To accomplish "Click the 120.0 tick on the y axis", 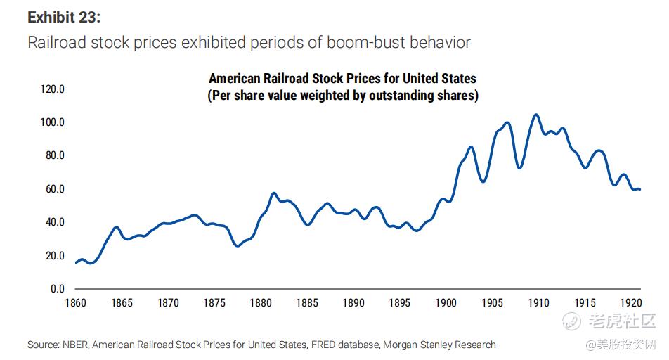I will click(x=53, y=89).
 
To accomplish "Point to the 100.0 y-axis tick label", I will click(x=53, y=122).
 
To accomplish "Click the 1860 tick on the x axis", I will click(x=76, y=303).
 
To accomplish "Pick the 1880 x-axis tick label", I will click(x=261, y=303).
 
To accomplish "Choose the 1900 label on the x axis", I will click(x=446, y=303).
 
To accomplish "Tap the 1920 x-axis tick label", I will click(x=630, y=303).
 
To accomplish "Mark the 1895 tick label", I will click(x=399, y=303).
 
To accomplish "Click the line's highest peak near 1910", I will click(x=536, y=114).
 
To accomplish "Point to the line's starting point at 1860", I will click(x=76, y=263).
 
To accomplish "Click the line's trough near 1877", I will click(x=238, y=245).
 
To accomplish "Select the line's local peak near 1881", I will click(x=273, y=193).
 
